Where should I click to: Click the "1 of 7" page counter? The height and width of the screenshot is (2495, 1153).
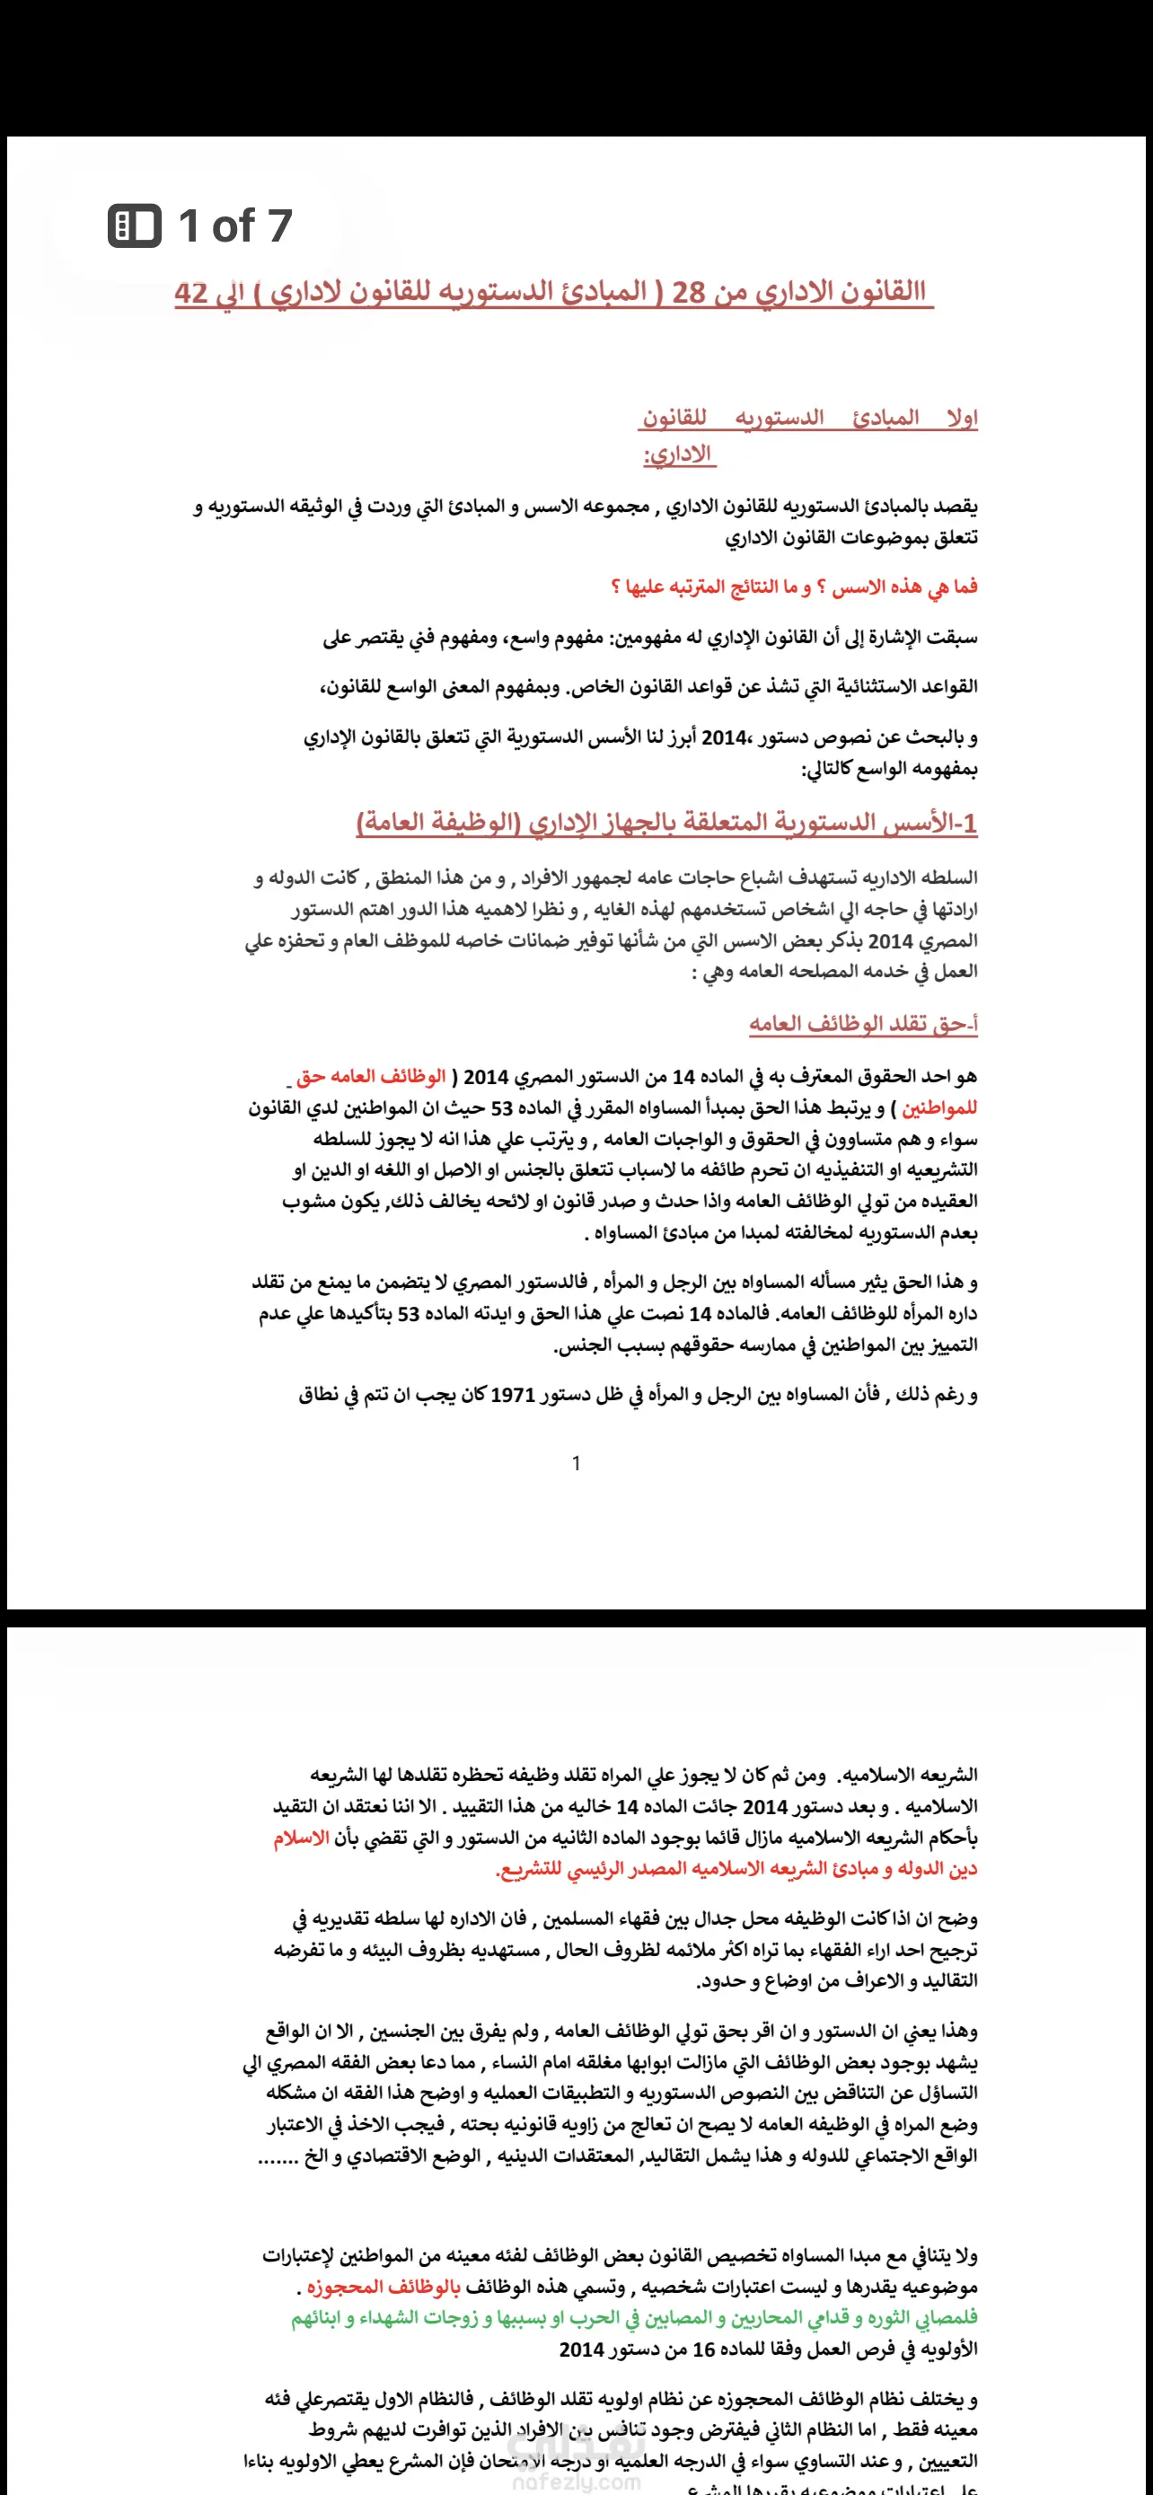[234, 225]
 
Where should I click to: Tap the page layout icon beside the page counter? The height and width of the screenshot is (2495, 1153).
[135, 225]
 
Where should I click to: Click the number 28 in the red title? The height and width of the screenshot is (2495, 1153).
[689, 292]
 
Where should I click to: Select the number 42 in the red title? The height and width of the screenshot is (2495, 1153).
[191, 292]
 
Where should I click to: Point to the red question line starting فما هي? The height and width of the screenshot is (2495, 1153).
[794, 587]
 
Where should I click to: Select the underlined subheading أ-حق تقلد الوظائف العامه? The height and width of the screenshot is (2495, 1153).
[863, 1024]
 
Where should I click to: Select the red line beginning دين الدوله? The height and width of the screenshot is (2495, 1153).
[735, 1868]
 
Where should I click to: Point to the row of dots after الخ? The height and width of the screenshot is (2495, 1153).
[277, 2156]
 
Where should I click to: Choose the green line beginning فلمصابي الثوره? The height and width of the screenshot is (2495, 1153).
[634, 2318]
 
